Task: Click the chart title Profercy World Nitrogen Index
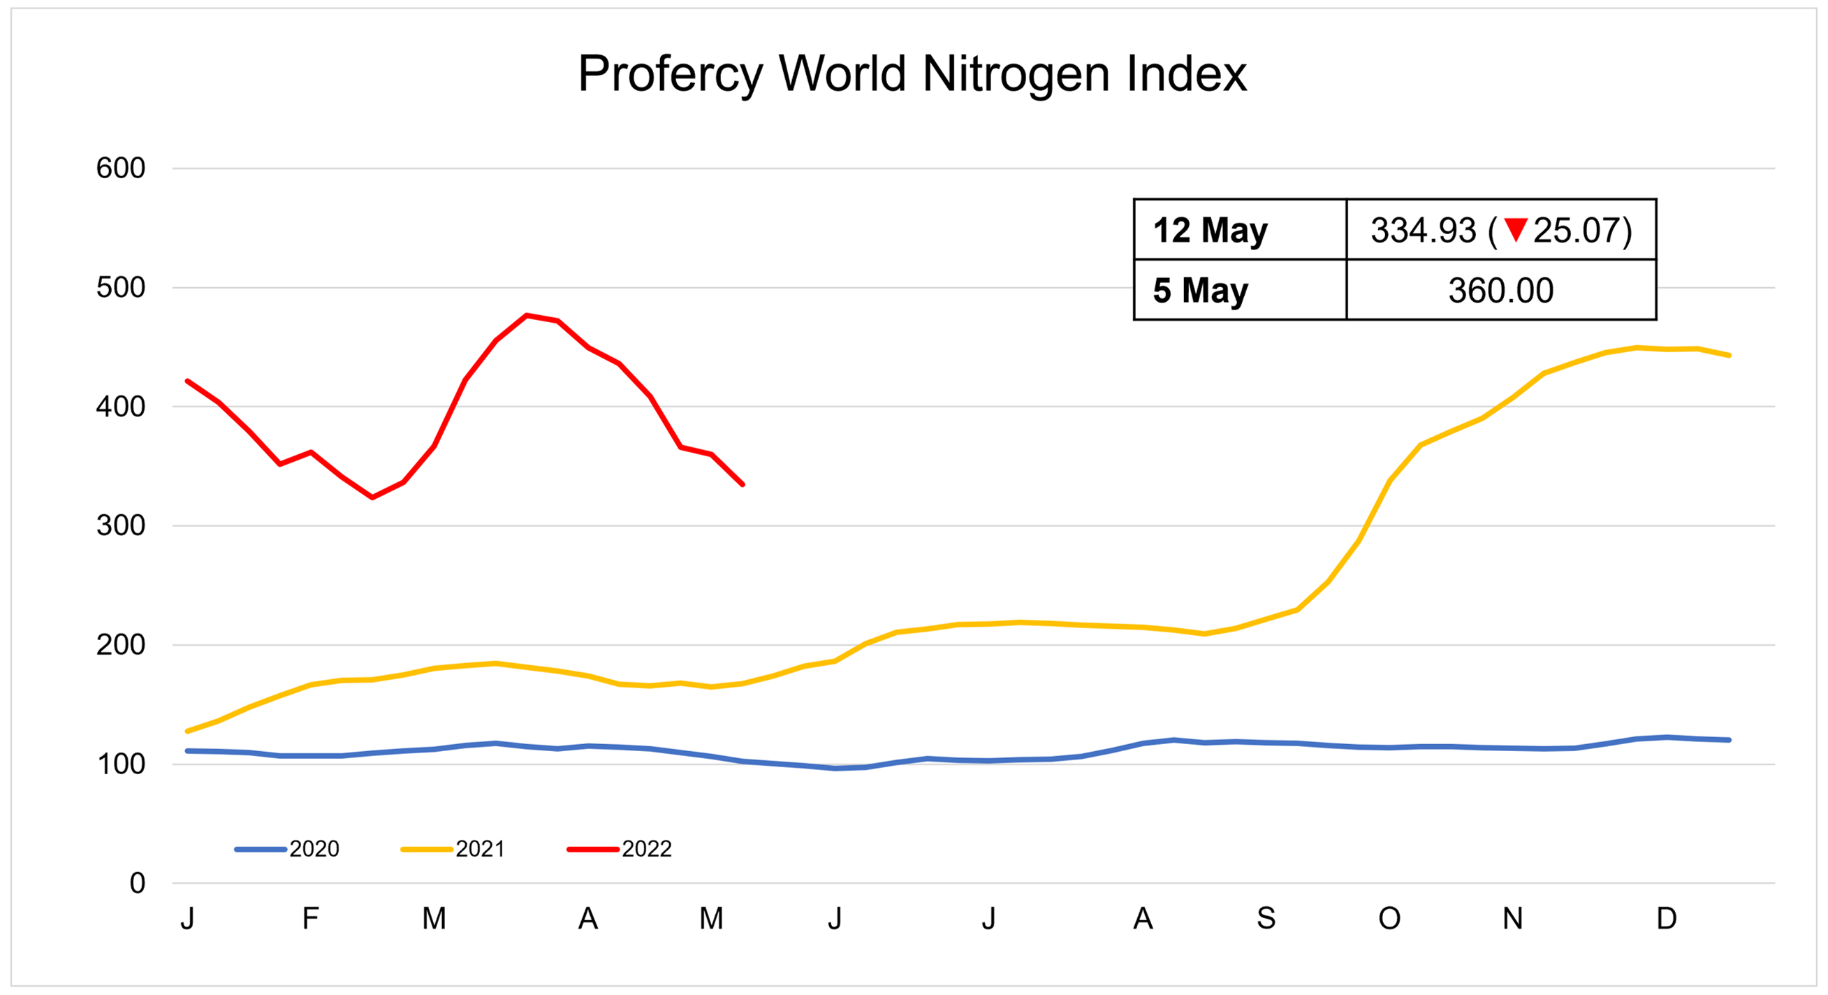click(x=912, y=74)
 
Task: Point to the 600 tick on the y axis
click(x=121, y=168)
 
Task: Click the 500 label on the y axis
click(x=121, y=287)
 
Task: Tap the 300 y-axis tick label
click(x=121, y=526)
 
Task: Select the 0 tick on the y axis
click(x=138, y=883)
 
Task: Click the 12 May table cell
click(x=1210, y=230)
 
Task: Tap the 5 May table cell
click(x=1200, y=290)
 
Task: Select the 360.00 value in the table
click(x=1501, y=290)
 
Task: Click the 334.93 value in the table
click(x=1423, y=230)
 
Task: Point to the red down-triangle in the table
click(x=1515, y=229)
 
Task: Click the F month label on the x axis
click(x=310, y=918)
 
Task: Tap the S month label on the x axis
click(x=1266, y=918)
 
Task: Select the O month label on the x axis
click(x=1389, y=918)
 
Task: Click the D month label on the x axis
click(x=1666, y=918)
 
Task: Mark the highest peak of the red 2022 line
click(x=527, y=315)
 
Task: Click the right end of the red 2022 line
click(x=743, y=484)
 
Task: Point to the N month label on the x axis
click(x=1512, y=918)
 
